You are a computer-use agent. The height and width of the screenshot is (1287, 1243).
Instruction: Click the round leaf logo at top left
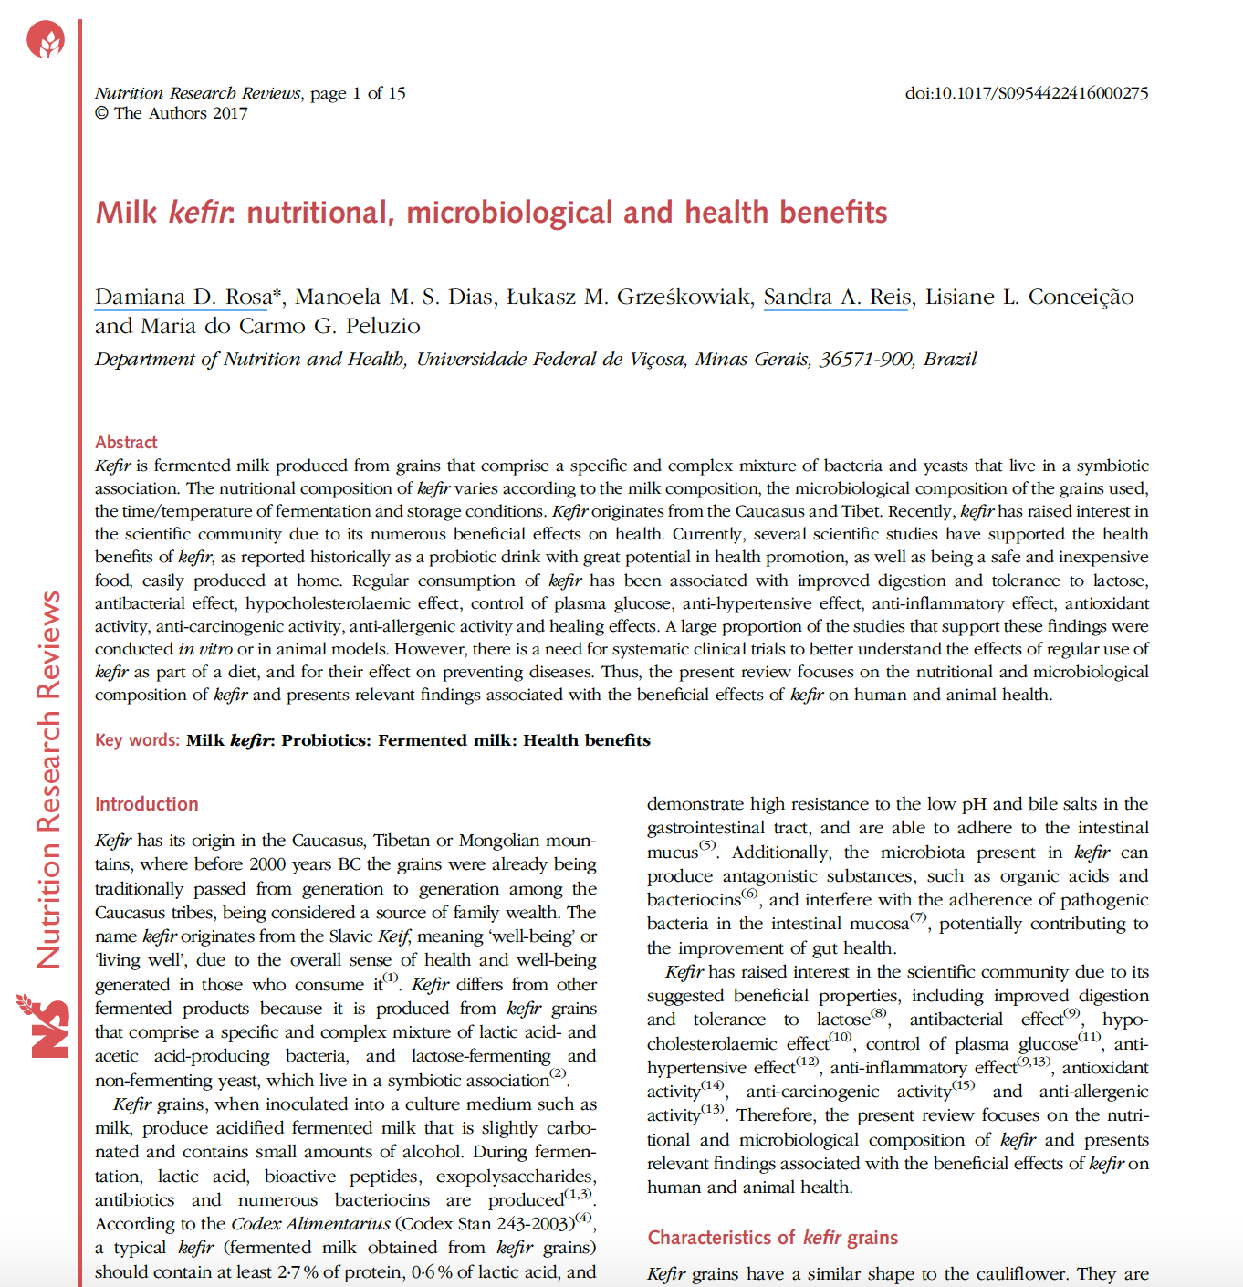pos(46,40)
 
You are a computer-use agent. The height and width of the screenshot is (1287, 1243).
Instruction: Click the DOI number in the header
pos(1026,93)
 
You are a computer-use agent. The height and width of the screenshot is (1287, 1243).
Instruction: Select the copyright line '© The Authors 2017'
pos(172,113)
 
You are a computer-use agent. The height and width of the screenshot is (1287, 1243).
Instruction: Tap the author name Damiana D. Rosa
pos(183,298)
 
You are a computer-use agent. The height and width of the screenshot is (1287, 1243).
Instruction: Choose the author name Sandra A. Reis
pos(837,298)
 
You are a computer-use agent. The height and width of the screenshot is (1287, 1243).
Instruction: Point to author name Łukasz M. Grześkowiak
pos(629,298)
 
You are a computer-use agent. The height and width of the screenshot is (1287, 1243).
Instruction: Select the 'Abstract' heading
pos(126,443)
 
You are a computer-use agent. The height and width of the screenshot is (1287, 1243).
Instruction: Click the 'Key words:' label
pos(137,740)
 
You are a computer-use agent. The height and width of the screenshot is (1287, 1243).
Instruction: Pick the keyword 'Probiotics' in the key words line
pos(325,740)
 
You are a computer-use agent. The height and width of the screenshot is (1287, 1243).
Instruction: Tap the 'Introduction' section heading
pos(147,804)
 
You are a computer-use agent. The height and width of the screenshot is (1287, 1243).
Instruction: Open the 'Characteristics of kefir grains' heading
pos(772,1238)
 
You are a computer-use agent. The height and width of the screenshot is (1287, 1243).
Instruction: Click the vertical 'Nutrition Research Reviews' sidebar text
pos(49,780)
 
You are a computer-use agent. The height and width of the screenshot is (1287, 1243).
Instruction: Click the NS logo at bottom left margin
pos(44,1026)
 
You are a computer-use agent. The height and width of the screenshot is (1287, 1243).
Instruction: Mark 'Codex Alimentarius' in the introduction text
pos(310,1224)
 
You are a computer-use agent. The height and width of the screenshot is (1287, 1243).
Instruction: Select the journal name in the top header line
pos(198,93)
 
